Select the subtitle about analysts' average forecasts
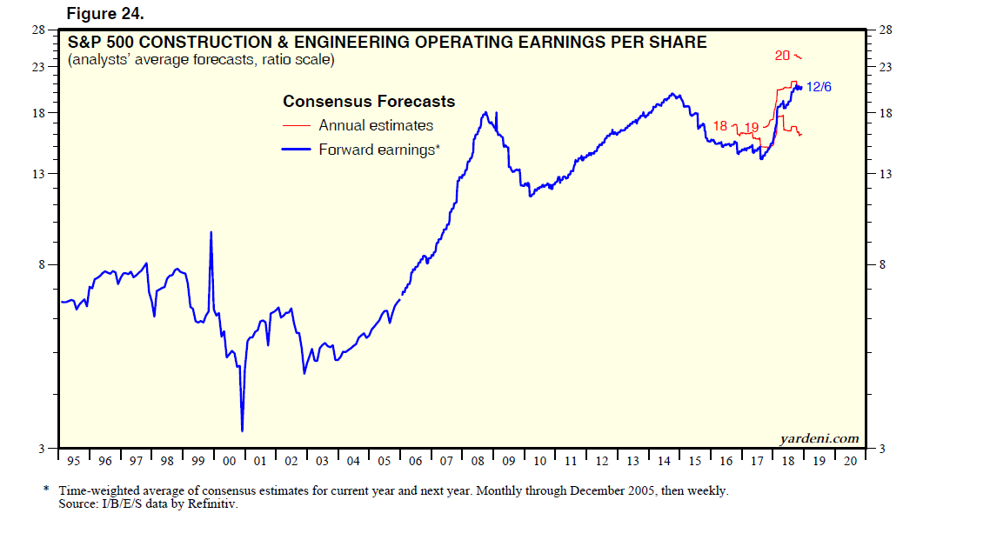coord(200,60)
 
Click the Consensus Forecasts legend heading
coord(369,102)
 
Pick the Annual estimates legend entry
coord(375,125)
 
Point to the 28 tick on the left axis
coord(38,30)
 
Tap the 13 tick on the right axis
coord(886,174)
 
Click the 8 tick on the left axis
coord(41,264)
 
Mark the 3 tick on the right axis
coord(882,448)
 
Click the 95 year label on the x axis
coord(74,461)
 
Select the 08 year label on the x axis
coord(478,461)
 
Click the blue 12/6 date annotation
coord(819,87)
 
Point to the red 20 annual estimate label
coord(782,56)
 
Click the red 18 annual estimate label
coord(719,126)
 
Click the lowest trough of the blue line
coord(242,430)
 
